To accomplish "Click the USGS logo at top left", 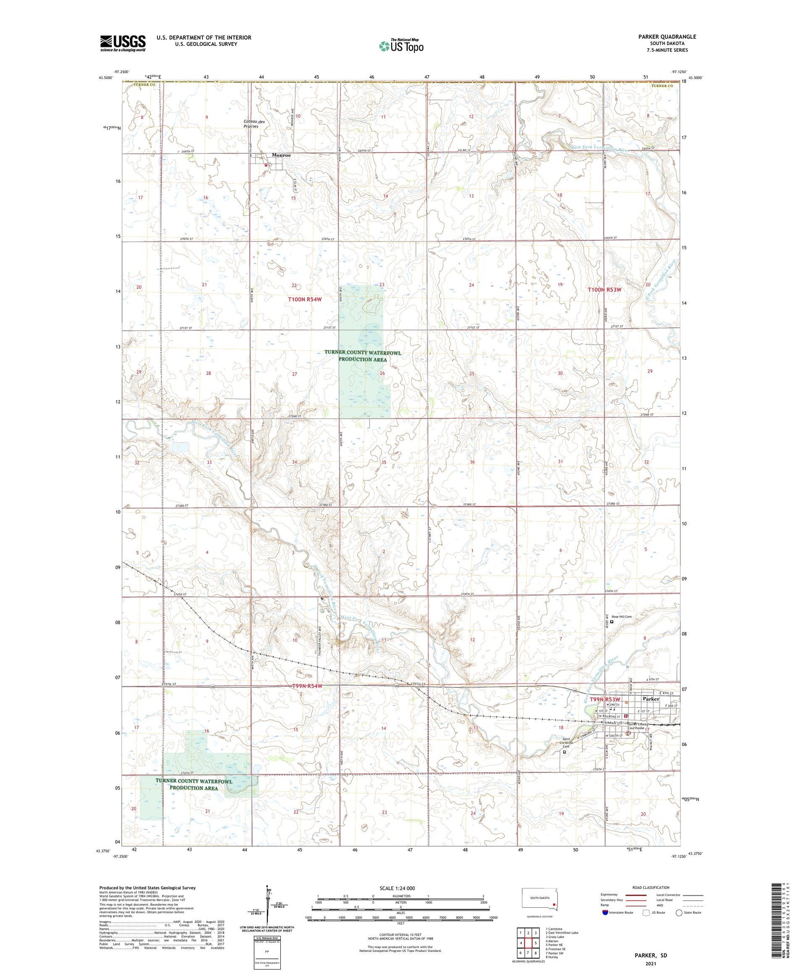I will tap(123, 43).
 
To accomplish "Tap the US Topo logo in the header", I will tap(401, 46).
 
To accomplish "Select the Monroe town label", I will tap(281, 155).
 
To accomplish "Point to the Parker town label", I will tap(650, 699).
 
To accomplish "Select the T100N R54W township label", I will tap(305, 299).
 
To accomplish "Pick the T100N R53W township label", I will tap(604, 289).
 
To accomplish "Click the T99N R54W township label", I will tap(307, 686).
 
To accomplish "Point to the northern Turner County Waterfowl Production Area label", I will tap(363, 356).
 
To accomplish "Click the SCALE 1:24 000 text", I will tap(397, 888).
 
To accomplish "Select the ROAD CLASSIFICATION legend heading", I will tap(651, 887).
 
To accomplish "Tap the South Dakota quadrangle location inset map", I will tap(540, 900).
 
